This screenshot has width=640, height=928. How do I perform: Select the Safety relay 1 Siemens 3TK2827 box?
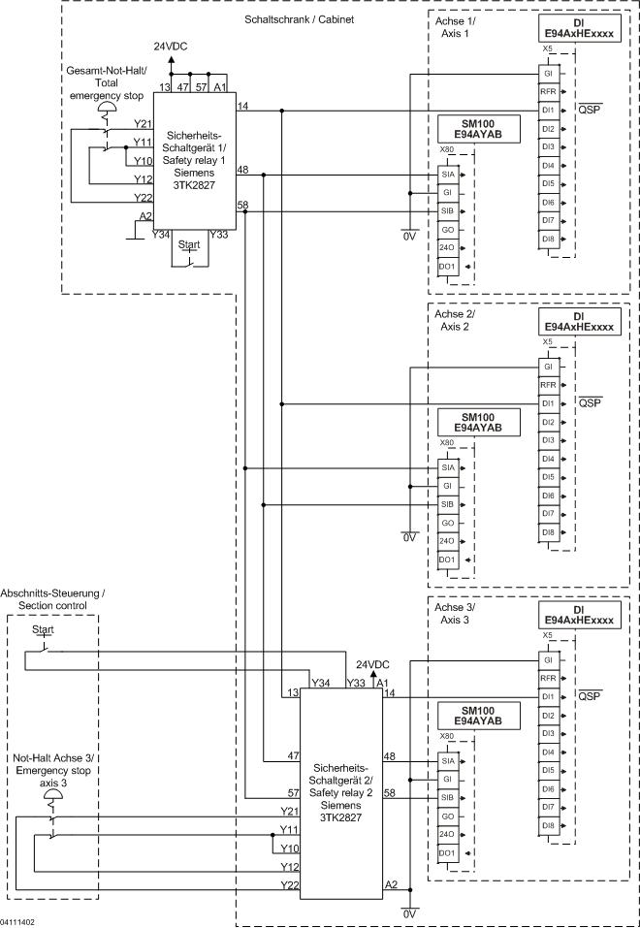point(196,157)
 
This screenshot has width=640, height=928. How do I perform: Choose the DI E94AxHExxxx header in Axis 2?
point(578,322)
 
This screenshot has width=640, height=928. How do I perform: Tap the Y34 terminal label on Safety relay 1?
point(162,234)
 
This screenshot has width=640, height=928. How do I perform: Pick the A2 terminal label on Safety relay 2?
point(391,884)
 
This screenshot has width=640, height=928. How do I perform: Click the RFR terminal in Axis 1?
point(548,92)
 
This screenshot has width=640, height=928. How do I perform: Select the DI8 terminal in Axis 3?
point(548,824)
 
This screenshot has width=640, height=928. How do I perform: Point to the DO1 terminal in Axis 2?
point(446,560)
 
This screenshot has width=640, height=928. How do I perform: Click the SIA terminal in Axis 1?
point(447,175)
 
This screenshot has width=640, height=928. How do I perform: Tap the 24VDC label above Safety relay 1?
point(172,47)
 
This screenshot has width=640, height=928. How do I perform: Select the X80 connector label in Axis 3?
point(446,735)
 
